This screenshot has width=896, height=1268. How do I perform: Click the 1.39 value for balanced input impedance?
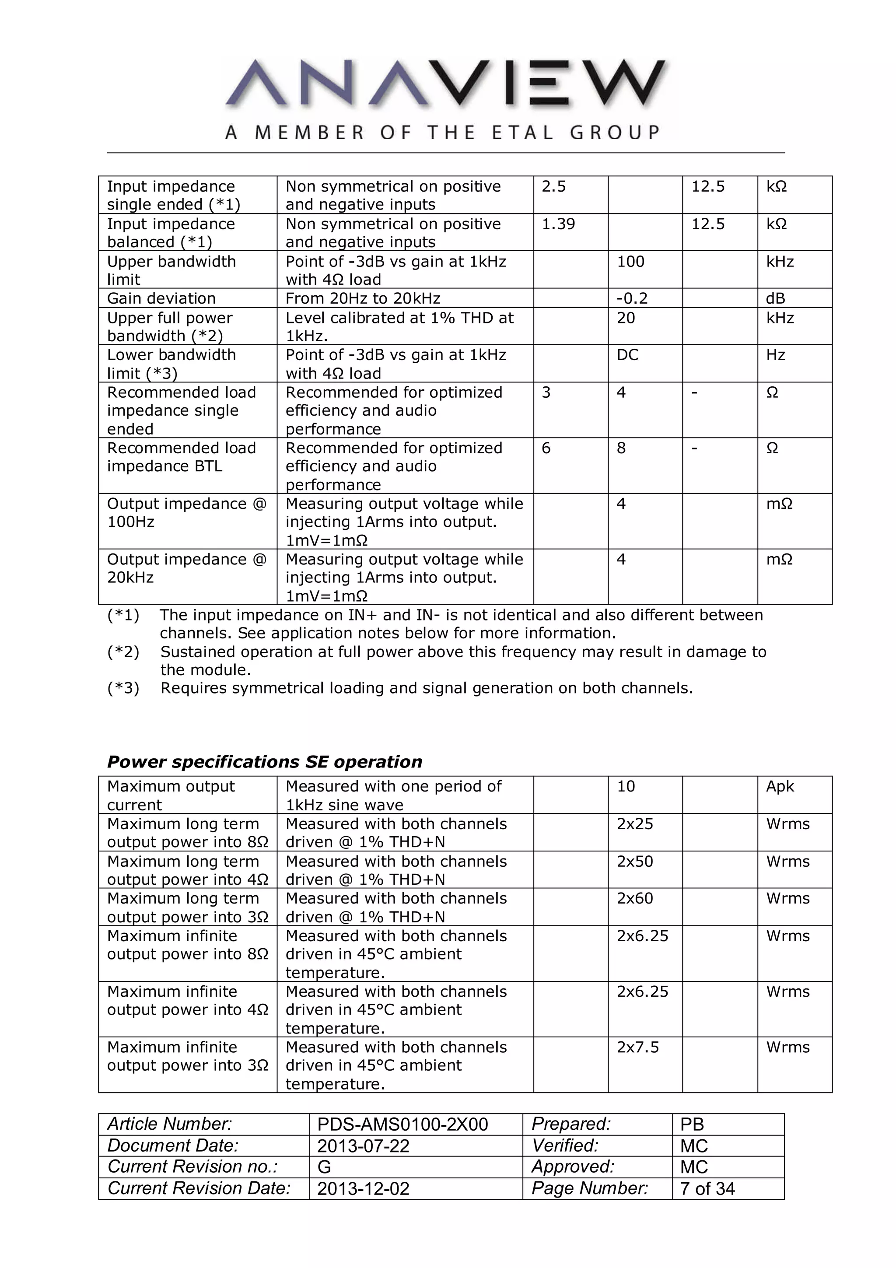(x=558, y=224)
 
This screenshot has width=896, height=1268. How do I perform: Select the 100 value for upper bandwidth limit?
(x=630, y=262)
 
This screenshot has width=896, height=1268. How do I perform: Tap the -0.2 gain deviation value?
(x=632, y=299)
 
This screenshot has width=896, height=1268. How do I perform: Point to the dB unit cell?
(x=775, y=299)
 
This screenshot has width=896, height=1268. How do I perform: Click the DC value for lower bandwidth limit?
(x=627, y=355)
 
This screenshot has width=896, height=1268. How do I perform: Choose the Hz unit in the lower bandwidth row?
(x=775, y=355)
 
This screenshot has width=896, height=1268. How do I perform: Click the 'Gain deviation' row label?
(x=161, y=299)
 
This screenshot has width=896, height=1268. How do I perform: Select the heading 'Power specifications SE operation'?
(x=264, y=762)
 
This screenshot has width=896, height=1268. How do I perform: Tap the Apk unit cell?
(x=780, y=786)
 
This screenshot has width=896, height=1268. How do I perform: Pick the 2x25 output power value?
(x=634, y=824)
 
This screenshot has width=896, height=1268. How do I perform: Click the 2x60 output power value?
(x=634, y=899)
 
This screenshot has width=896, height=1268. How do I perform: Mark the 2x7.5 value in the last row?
(x=637, y=1047)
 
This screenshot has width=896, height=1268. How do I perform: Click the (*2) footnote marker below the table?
(x=123, y=652)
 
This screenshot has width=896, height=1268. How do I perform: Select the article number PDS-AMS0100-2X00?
(x=402, y=1124)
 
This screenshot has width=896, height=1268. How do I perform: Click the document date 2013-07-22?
(x=363, y=1146)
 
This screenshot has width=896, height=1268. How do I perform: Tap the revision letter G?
(x=324, y=1167)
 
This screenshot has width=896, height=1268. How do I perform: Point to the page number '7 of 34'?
(x=707, y=1188)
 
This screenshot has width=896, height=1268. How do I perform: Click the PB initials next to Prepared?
(x=692, y=1124)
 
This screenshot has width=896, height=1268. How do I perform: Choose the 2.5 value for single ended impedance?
(x=553, y=187)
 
